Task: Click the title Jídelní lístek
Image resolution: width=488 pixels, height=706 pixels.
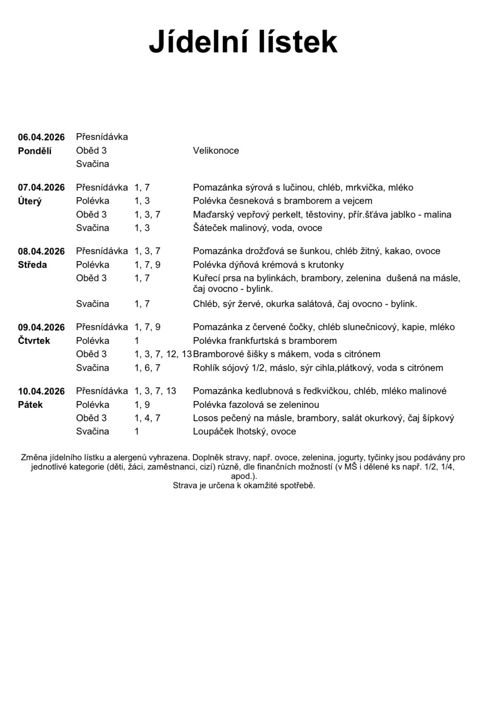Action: click(x=243, y=42)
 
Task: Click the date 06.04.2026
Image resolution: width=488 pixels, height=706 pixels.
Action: click(x=41, y=137)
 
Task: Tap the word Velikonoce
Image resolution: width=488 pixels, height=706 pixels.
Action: click(x=216, y=151)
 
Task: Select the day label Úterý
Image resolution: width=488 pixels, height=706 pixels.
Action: click(x=30, y=201)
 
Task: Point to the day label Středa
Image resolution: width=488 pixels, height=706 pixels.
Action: click(x=32, y=265)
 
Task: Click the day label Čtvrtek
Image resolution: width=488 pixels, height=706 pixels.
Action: click(x=34, y=341)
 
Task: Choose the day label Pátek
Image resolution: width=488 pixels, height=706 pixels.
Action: click(x=30, y=405)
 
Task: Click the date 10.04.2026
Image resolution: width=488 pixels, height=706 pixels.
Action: click(x=41, y=391)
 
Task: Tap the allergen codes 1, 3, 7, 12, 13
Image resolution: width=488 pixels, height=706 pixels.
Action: click(x=163, y=354)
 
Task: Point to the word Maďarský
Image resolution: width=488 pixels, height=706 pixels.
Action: click(x=212, y=215)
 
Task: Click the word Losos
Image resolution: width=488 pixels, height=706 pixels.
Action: click(x=204, y=418)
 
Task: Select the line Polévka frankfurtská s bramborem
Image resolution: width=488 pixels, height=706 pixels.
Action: click(x=265, y=341)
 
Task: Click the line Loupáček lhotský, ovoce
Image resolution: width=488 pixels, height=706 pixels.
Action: click(x=244, y=431)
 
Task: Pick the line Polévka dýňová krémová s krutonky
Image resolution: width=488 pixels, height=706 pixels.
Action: click(x=268, y=265)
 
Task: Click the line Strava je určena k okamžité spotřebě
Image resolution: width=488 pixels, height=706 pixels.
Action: click(x=244, y=485)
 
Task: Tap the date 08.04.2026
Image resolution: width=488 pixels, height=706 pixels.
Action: click(x=41, y=251)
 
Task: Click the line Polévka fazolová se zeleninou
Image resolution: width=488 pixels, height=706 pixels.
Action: click(x=256, y=405)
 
